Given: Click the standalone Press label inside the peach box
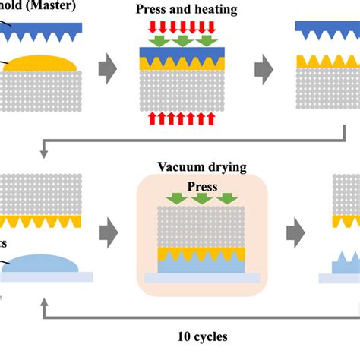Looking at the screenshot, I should coord(201,186).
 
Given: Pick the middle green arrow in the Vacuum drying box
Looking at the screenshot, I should coord(202,200).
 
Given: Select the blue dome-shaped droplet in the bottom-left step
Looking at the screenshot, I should coord(42,263).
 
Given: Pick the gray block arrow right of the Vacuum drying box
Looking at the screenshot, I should coord(296,229).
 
